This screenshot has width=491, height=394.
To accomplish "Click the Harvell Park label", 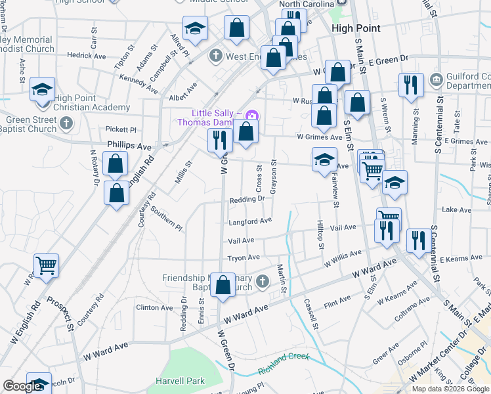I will tap(180, 381).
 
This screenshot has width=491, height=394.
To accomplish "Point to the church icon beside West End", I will tap(216, 56).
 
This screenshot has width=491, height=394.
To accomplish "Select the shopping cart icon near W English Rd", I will tap(46, 265).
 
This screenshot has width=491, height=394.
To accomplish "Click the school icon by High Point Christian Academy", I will tap(42, 89).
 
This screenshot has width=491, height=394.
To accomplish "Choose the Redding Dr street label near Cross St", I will tap(246, 199).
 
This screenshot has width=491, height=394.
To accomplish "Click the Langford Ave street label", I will tap(249, 221).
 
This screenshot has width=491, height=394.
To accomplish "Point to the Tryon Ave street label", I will tap(244, 257).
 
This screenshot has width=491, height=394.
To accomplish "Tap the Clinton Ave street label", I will tap(154, 307).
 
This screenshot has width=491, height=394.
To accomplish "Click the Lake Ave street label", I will tap(457, 209).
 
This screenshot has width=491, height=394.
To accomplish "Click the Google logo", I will tap(22, 386).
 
